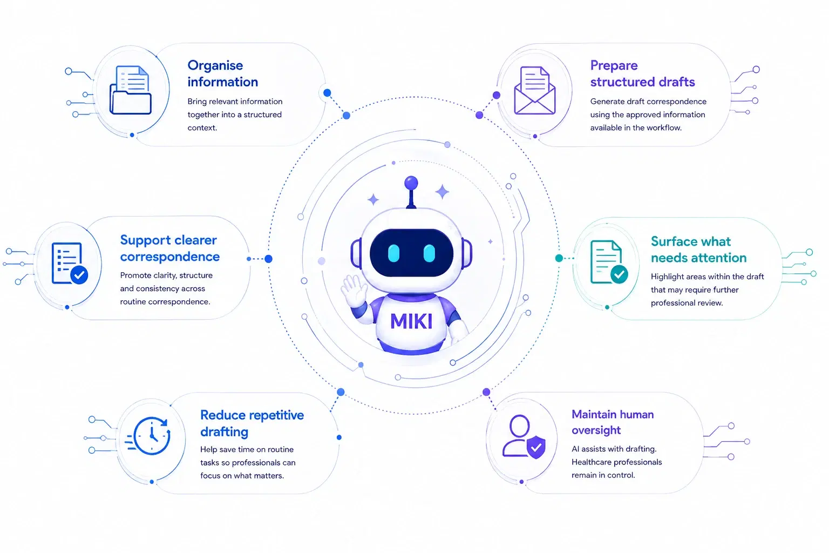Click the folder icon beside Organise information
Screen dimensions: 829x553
(130, 90)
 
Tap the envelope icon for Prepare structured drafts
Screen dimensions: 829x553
(535, 90)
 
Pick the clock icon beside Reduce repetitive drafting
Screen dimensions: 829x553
(148, 436)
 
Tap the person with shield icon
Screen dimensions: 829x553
(524, 437)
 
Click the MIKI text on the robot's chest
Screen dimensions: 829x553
(411, 321)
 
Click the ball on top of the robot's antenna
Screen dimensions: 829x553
(411, 183)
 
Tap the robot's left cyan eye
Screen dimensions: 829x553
(394, 253)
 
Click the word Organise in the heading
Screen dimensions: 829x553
(215, 66)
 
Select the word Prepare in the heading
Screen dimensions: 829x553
(614, 66)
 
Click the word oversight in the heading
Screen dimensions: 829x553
(596, 430)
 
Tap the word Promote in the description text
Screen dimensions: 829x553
(135, 275)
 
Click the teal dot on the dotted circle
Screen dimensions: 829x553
(559, 258)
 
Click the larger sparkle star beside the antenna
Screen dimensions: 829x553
(442, 192)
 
